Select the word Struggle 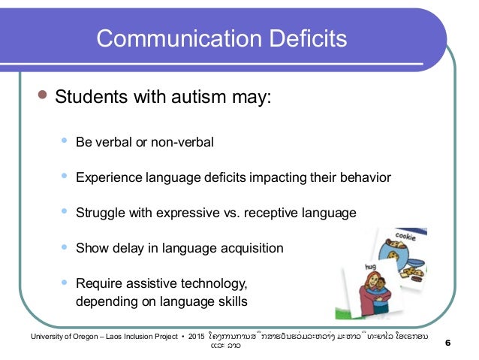pyautogui.click(x=98, y=213)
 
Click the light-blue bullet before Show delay pyautogui.click(x=64, y=247)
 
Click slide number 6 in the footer pyautogui.click(x=448, y=344)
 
